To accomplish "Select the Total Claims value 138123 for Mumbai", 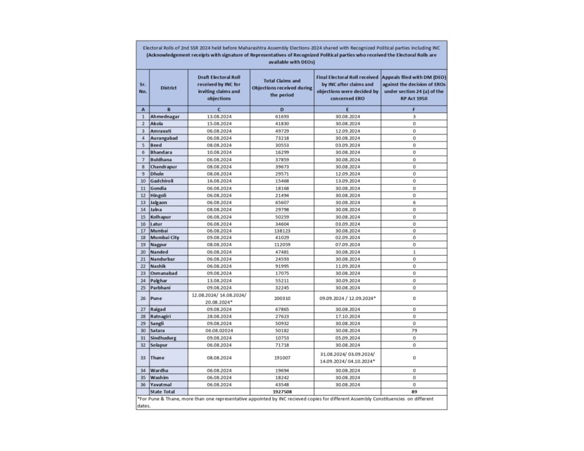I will point(282,230).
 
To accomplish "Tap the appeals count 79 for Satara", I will point(414,330).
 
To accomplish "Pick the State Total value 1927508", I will point(282,391).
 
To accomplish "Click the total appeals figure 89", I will point(414,391).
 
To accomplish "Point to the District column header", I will point(168,88).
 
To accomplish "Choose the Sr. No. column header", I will point(143,88).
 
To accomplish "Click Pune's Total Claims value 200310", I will point(282,298).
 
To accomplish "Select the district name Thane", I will point(157,357).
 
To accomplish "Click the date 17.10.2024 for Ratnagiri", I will point(347,316).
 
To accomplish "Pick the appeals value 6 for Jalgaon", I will point(414,201).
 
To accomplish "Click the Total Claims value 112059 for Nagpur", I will point(282,244).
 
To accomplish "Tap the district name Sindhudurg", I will point(163,338).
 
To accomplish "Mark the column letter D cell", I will point(282,109).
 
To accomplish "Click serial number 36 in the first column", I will point(143,384).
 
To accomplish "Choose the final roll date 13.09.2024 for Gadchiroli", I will point(347,180).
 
